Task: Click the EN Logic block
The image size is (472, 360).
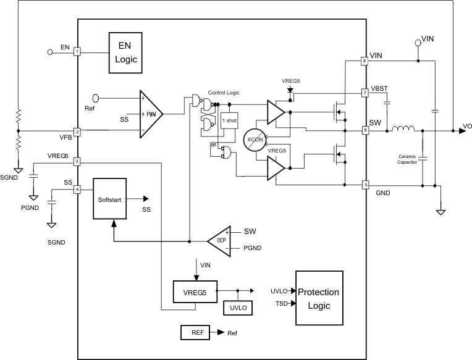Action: [124, 53]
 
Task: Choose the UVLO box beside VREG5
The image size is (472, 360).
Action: [237, 308]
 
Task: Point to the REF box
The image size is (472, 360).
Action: [197, 333]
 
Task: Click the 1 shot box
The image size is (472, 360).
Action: [229, 121]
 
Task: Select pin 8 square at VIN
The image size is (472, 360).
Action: [365, 61]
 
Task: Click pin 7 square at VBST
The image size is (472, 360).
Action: [365, 93]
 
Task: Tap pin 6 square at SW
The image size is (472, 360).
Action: [365, 130]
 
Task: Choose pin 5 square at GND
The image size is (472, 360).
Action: [365, 184]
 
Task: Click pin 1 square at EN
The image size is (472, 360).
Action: [77, 52]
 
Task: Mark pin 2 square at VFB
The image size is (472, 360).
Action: [77, 131]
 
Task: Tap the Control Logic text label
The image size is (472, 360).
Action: [224, 92]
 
